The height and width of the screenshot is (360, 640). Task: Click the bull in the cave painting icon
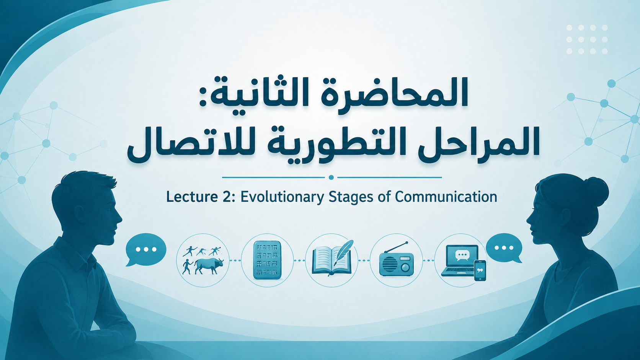(209, 266)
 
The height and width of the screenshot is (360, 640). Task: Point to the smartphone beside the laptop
(480, 270)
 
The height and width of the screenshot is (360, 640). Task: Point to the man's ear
(78, 215)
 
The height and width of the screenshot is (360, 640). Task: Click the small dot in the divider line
(331, 178)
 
